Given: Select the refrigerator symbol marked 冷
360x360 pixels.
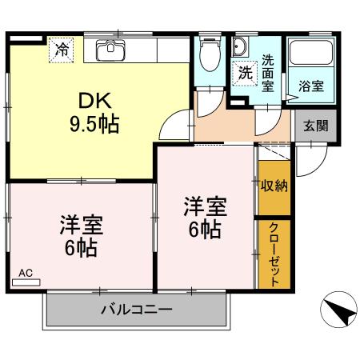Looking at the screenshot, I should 62,50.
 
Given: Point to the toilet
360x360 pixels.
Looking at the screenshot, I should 210,54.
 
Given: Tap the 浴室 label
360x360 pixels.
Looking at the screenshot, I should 311,86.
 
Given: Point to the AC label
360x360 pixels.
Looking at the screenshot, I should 26,273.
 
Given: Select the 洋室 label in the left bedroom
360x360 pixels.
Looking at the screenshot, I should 80,225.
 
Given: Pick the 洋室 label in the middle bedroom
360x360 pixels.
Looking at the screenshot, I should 206,206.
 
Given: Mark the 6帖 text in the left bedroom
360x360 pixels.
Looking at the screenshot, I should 80,249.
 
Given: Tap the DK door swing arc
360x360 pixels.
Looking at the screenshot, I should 171,125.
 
